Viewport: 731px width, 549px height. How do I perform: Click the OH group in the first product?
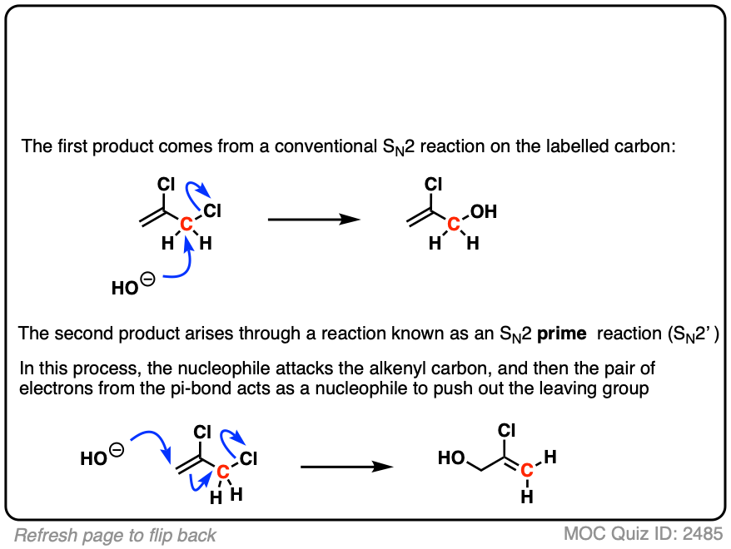click(x=483, y=211)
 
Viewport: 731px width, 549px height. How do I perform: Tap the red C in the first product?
click(x=454, y=223)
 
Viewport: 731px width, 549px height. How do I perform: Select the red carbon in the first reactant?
click(x=186, y=223)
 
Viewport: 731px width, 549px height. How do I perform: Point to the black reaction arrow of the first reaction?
click(x=313, y=220)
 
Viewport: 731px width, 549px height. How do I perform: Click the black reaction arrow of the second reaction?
click(x=346, y=467)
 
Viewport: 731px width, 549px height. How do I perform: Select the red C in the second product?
click(x=526, y=472)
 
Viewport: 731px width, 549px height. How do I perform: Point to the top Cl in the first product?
click(x=433, y=184)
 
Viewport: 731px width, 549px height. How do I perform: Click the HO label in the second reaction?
click(x=93, y=458)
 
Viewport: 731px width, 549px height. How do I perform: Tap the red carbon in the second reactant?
click(x=222, y=472)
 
